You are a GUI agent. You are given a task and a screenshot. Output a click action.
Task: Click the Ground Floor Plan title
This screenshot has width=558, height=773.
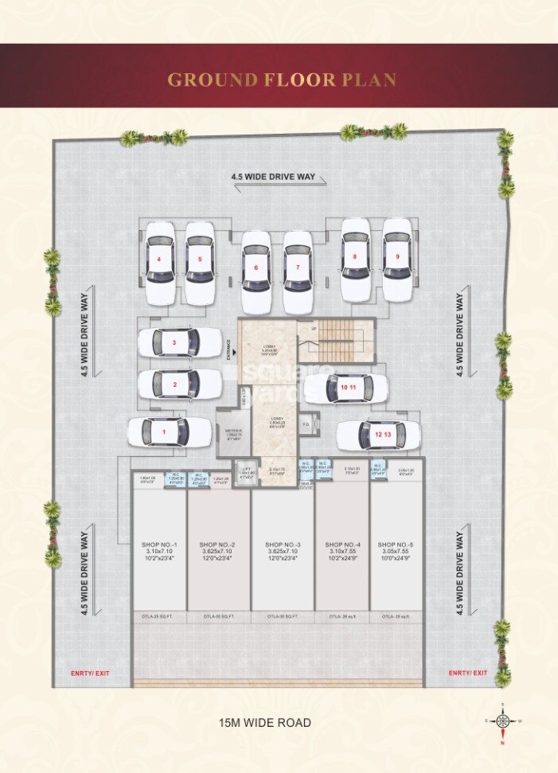281,80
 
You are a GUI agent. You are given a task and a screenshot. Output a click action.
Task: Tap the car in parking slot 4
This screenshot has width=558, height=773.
159,262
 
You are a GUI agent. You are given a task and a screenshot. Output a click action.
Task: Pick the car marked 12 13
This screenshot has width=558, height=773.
378,435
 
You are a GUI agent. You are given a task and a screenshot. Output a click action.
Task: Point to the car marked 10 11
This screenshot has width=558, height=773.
345,388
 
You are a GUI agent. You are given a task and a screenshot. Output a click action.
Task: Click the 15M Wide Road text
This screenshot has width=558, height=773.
264,723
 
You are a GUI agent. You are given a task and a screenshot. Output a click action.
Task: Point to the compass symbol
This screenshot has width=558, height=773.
502,721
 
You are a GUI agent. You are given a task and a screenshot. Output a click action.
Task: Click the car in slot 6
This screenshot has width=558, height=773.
256,271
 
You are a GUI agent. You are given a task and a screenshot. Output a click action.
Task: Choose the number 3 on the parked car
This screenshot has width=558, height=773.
174,343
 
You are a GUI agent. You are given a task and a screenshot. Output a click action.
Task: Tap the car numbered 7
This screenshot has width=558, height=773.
298,271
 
